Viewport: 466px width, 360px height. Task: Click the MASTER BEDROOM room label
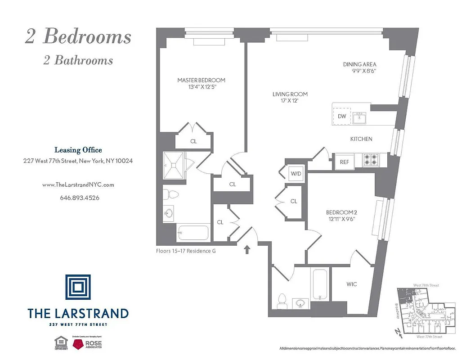coord(201,80)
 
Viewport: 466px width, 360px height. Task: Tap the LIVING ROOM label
coord(290,94)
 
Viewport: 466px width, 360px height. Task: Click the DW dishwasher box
coord(342,116)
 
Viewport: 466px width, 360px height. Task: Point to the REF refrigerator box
coord(344,162)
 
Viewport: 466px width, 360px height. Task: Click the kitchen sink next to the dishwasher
coord(360,118)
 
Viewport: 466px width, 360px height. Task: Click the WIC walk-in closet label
coord(352,284)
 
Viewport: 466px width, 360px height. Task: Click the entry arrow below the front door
coord(247,249)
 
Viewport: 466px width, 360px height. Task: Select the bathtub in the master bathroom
coord(192,233)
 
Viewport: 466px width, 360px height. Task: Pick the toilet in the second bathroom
coord(282,300)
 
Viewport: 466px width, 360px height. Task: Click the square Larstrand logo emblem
coord(77,287)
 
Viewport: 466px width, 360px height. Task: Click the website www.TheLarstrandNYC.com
coord(78,184)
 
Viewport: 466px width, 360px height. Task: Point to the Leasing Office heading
coord(78,150)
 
